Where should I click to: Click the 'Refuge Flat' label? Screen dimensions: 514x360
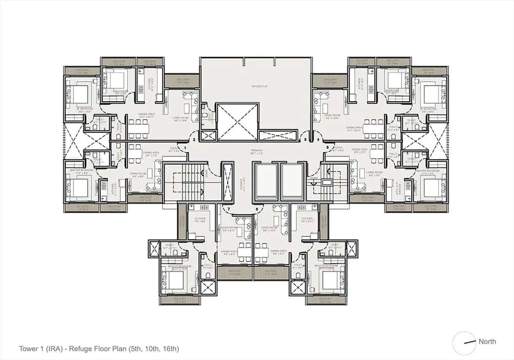(x=255, y=86)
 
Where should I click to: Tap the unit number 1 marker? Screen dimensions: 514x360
(x=185, y=148)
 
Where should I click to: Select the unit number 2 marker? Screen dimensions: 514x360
(x=194, y=139)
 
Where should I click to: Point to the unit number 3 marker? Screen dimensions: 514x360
(x=305, y=139)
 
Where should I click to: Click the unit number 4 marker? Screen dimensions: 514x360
(x=318, y=139)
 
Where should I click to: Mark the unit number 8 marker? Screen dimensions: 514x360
(x=256, y=209)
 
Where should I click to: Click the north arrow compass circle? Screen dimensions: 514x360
(x=464, y=343)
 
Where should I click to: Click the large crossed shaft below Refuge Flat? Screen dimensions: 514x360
(x=237, y=122)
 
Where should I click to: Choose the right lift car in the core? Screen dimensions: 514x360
(x=293, y=179)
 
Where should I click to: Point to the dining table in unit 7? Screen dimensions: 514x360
(x=246, y=249)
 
